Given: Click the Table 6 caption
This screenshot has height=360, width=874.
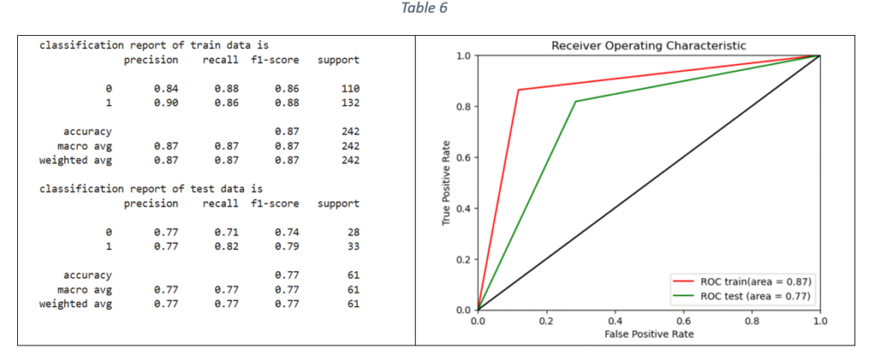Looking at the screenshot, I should (x=424, y=9).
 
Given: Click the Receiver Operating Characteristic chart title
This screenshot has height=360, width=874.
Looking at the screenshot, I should (x=649, y=45).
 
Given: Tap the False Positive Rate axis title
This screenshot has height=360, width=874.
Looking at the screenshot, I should (x=649, y=334).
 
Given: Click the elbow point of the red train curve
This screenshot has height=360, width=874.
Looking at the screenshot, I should (x=519, y=90).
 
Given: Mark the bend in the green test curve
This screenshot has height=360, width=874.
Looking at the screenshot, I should (x=576, y=102).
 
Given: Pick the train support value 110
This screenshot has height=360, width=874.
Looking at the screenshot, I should (x=350, y=88).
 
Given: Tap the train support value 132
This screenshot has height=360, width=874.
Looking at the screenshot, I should (x=350, y=102).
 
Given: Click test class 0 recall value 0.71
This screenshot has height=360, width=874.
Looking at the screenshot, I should (x=227, y=232).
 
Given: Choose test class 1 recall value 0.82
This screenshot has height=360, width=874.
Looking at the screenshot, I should (x=227, y=247).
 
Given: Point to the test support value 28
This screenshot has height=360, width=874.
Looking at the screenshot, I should (x=353, y=232).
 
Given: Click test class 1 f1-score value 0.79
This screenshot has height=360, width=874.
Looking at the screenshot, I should (x=287, y=247).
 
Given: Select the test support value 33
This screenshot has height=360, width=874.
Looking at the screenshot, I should (x=353, y=247).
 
